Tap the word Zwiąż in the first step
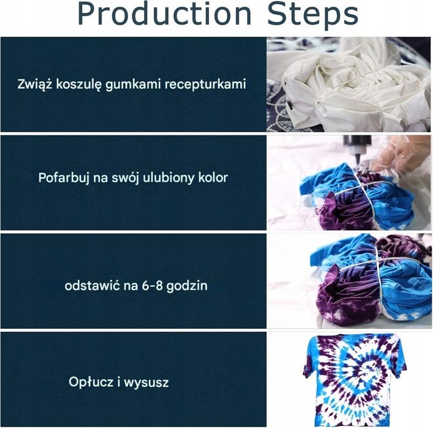click(x=35, y=84)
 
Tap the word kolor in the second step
click(x=210, y=178)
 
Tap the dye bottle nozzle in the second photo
click(x=353, y=146)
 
